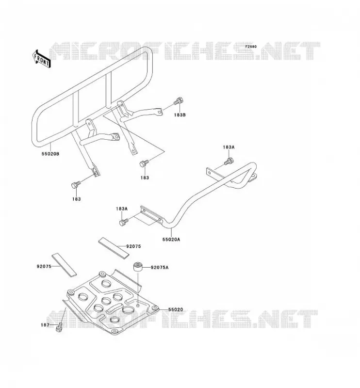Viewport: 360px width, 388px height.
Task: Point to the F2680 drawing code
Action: tap(251, 47)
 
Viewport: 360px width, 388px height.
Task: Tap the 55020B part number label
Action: tap(50, 154)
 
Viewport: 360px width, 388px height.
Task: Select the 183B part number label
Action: tap(180, 115)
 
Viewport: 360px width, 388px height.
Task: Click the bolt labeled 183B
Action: tap(179, 101)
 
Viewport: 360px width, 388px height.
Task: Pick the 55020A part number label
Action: tap(171, 239)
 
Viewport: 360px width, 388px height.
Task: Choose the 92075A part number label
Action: tap(160, 267)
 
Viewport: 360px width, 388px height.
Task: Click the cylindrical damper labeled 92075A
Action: tap(138, 267)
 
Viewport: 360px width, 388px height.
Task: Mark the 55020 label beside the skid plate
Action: tap(176, 309)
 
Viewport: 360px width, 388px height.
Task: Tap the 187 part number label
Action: tap(45, 325)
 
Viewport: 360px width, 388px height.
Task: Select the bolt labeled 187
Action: tap(59, 327)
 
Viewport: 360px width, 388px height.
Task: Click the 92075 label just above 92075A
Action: tap(133, 246)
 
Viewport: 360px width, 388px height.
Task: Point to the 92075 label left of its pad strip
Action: tap(44, 266)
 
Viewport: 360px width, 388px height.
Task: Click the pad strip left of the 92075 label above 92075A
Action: tap(114, 248)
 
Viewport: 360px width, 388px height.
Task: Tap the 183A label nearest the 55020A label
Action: tap(122, 209)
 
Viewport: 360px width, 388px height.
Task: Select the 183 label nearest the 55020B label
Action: tap(77, 199)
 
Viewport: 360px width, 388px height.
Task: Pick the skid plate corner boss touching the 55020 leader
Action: tap(155, 307)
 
